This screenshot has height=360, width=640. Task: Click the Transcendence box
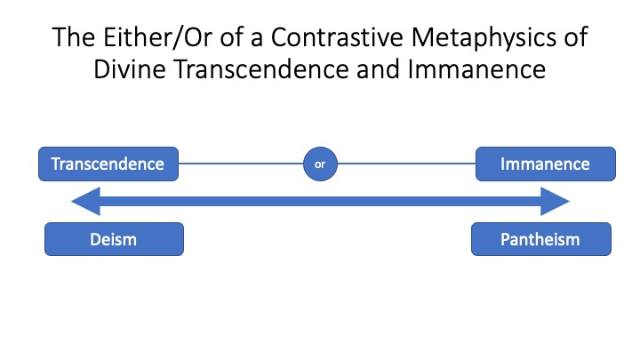108,164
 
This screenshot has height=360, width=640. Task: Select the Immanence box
546,164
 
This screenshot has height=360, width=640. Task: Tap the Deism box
115,239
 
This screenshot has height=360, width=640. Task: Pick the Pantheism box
541,239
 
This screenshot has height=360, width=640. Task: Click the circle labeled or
320,164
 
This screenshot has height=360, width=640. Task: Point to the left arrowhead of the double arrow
85,201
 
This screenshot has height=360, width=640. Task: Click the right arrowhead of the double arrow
555,201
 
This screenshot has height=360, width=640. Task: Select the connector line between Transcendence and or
241,164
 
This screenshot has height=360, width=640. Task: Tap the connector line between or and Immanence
406,164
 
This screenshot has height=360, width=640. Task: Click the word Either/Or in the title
157,37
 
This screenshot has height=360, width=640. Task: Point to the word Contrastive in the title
337,37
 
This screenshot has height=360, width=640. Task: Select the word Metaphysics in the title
484,38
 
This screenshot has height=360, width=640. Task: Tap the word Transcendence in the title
261,69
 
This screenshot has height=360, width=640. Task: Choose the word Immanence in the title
476,69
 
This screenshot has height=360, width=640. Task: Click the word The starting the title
74,37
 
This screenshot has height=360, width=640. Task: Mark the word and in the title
379,69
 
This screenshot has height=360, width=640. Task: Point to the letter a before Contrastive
257,40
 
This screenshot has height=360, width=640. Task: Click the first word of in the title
231,37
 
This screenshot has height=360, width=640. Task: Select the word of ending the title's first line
575,37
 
